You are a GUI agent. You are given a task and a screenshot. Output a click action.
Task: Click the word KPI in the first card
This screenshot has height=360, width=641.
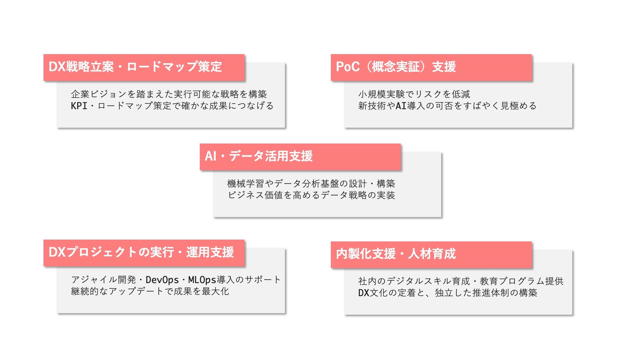79,106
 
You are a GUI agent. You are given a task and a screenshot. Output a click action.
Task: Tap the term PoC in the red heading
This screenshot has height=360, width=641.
347,67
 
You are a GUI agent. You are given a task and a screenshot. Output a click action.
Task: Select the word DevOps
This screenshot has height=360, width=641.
162,280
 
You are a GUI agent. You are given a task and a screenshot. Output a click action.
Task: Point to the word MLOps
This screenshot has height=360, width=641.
202,280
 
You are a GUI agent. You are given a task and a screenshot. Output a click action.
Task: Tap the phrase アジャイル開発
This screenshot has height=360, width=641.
103,280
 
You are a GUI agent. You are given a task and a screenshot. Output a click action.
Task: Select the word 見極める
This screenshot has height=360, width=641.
518,106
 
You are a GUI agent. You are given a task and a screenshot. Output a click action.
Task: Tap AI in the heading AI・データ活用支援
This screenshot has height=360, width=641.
210,156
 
